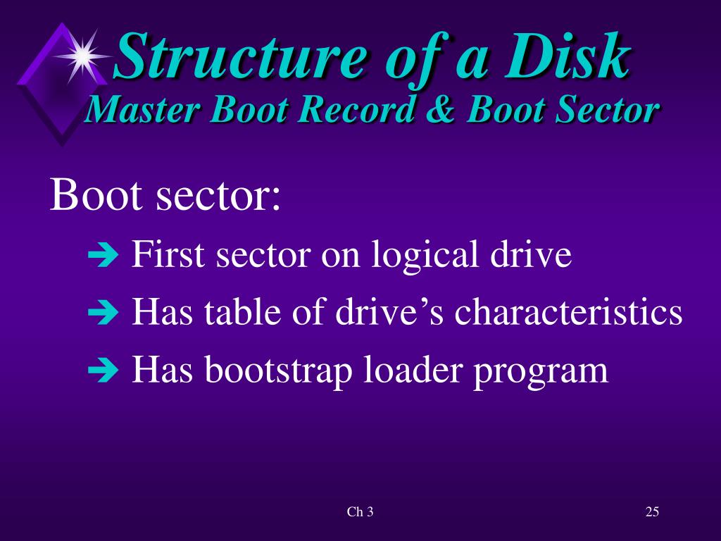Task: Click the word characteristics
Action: pyautogui.click(x=568, y=312)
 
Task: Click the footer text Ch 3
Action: pyautogui.click(x=360, y=512)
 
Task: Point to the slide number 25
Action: pyautogui.click(x=652, y=512)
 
